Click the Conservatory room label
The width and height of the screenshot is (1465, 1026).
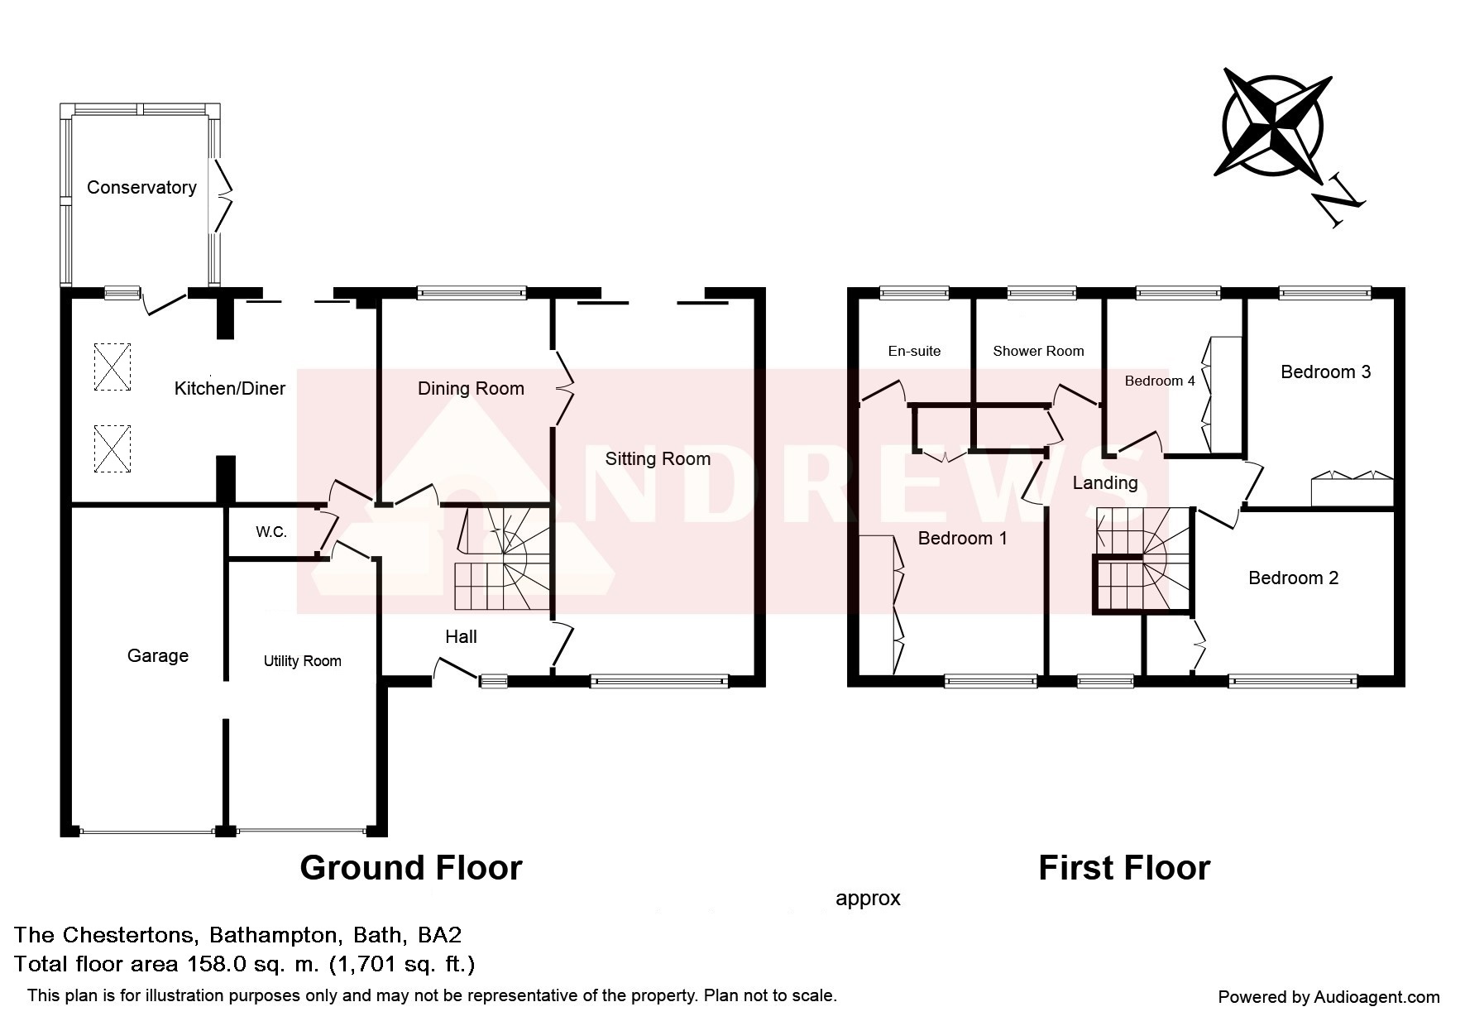[141, 188]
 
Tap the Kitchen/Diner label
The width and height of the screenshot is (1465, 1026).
[230, 388]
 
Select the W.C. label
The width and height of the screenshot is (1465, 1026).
[271, 532]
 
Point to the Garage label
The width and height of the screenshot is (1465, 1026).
[158, 656]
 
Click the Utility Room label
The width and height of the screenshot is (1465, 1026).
[303, 661]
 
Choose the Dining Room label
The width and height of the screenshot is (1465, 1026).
[471, 389]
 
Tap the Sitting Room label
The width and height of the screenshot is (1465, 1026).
[658, 459]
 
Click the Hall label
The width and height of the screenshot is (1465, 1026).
[461, 636]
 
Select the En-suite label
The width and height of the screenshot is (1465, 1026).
[914, 351]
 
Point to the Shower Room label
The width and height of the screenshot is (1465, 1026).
[1038, 351]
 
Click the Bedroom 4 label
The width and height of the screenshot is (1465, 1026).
[1160, 381]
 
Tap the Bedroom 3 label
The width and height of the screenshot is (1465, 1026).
[1325, 372]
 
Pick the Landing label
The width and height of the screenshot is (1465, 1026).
[1105, 482]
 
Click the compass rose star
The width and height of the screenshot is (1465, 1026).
[1274, 127]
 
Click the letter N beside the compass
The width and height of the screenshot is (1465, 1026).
[1338, 201]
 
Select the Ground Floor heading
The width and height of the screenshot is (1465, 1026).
[411, 868]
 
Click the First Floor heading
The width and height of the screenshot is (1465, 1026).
[1124, 868]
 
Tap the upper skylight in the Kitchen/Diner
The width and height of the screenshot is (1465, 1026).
[113, 367]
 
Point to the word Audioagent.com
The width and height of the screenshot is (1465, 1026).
[1377, 997]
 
